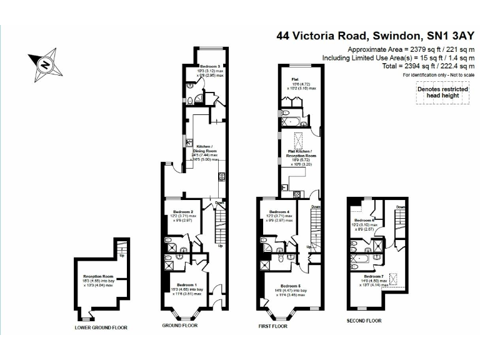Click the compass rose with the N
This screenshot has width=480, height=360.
tap(44, 62)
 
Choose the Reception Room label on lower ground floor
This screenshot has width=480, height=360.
tap(98, 276)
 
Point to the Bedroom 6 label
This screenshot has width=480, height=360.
tap(364, 221)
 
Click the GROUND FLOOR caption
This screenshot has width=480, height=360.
tap(180, 326)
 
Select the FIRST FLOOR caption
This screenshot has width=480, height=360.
tap(272, 326)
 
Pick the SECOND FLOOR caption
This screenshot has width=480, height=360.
tap(364, 321)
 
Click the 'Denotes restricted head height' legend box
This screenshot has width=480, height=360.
tap(443, 93)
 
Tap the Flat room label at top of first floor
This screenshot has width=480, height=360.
tap(294, 79)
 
